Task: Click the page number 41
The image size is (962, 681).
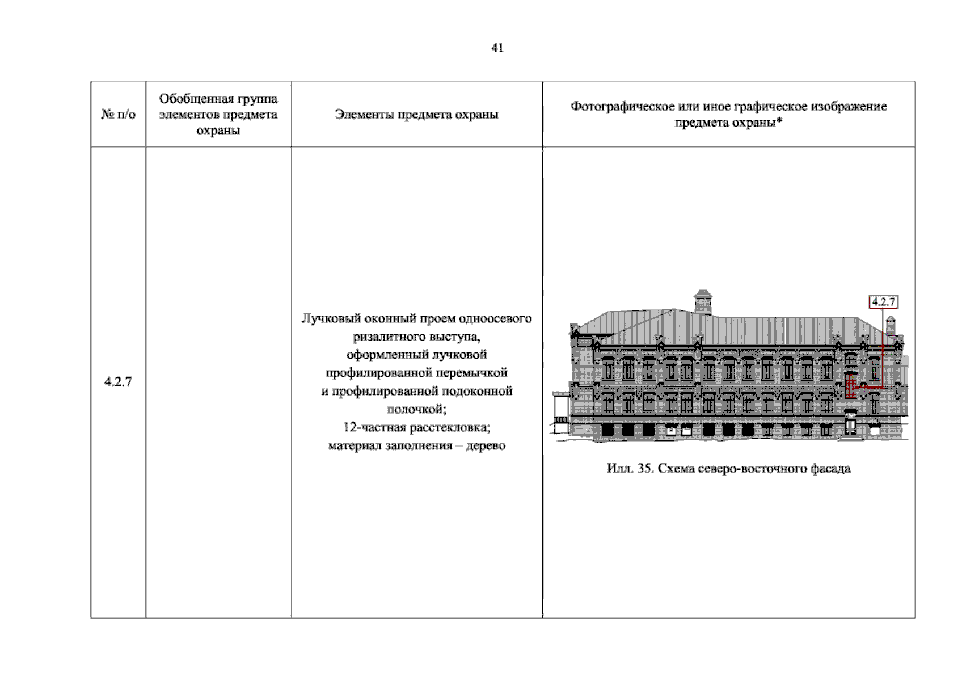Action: [497, 48]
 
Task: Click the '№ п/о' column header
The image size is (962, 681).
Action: [118, 114]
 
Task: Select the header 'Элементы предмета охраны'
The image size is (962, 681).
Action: [416, 114]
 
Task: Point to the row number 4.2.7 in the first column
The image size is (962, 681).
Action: [118, 381]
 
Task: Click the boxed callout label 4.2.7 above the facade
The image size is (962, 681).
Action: [883, 302]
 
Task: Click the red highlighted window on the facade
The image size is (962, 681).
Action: [850, 386]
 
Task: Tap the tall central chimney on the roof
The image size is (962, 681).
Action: [703, 302]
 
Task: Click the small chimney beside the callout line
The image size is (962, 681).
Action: [891, 326]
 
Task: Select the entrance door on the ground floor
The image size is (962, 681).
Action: [850, 423]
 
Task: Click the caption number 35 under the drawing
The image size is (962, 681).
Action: [645, 468]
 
